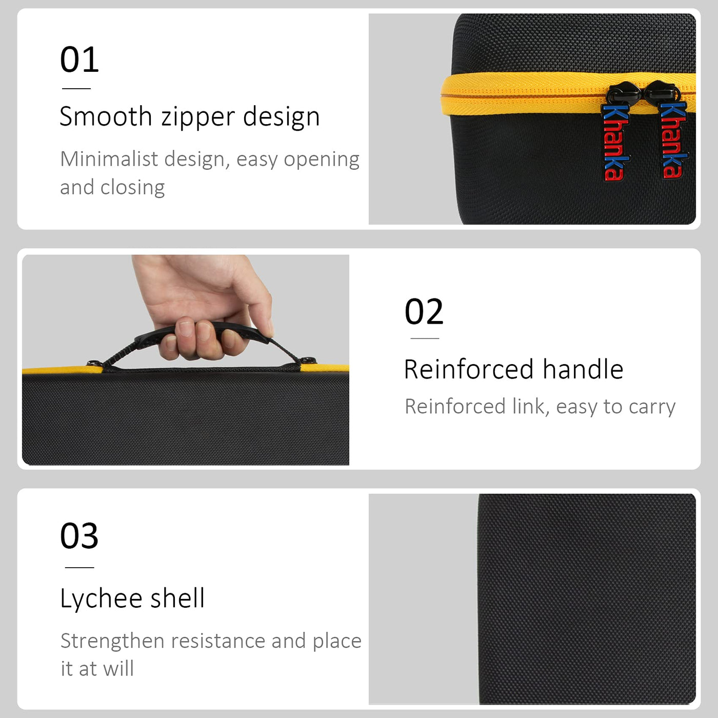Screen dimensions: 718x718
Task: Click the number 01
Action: click(79, 59)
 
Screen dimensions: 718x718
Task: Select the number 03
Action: click(79, 536)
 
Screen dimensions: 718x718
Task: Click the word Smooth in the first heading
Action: click(106, 116)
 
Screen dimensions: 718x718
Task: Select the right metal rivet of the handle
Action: click(307, 360)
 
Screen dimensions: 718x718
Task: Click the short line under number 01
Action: click(76, 88)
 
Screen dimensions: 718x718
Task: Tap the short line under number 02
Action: click(425, 338)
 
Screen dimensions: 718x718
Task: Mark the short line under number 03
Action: click(79, 567)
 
